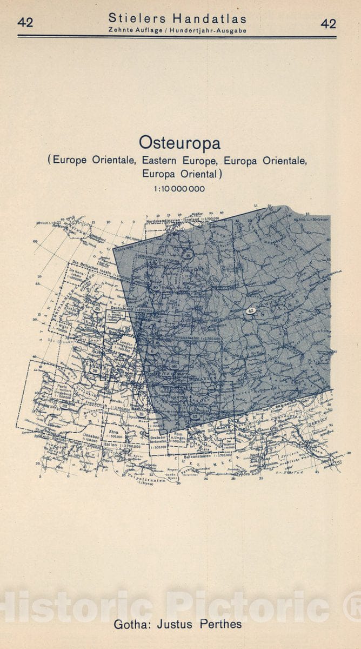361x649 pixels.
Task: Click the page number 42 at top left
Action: pos(25,23)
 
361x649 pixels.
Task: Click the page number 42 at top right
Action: pos(328,23)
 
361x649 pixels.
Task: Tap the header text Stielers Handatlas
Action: pos(177,19)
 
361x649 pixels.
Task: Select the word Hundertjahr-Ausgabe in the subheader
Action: pos(208,30)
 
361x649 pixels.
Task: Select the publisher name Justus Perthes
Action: pos(200,624)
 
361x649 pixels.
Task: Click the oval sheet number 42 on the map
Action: pos(250,311)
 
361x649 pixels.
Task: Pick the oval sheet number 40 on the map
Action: pos(156,288)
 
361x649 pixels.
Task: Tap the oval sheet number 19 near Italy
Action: pos(141,414)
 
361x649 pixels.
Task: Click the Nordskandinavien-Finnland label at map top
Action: pos(173,221)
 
